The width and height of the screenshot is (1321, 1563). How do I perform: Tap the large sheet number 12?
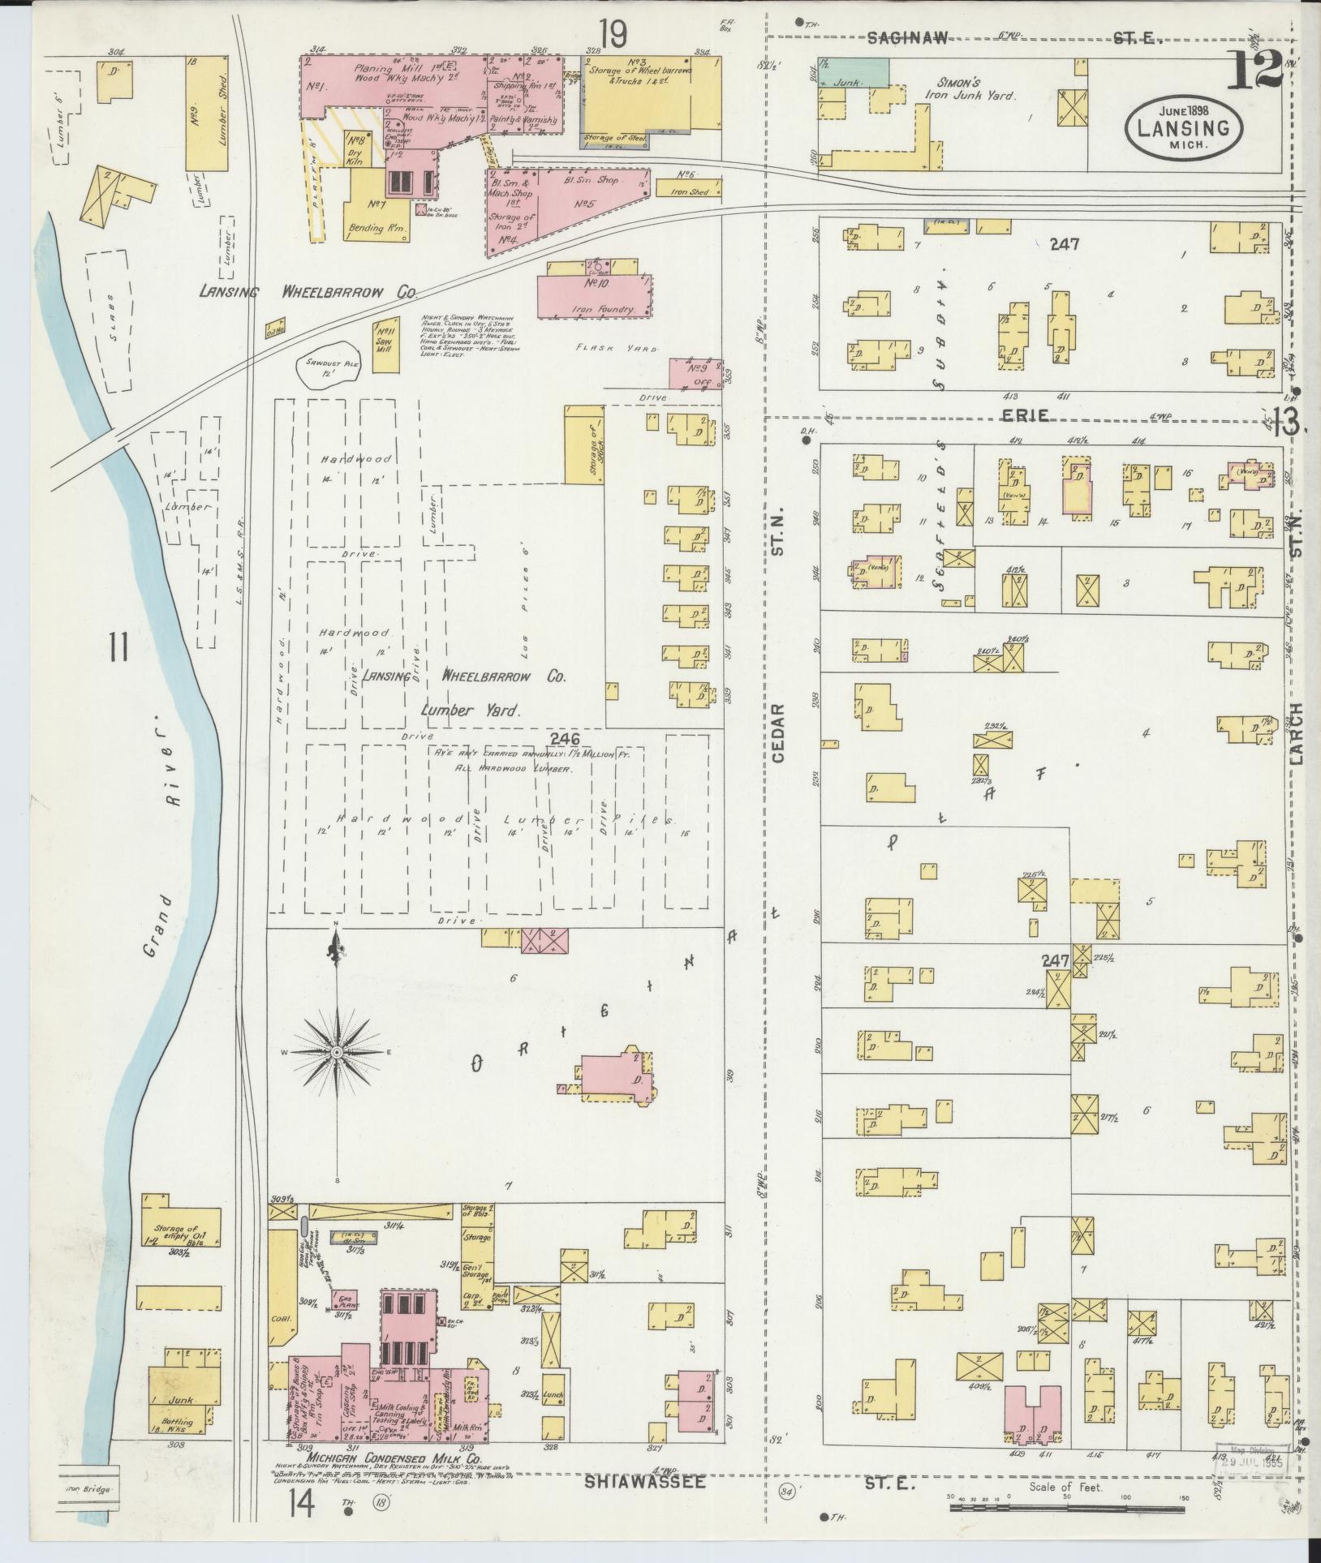click(1254, 70)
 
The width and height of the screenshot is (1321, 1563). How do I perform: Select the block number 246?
click(564, 739)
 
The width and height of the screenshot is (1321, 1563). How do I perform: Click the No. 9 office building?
click(694, 374)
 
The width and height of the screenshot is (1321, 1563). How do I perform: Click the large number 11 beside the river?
click(119, 649)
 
